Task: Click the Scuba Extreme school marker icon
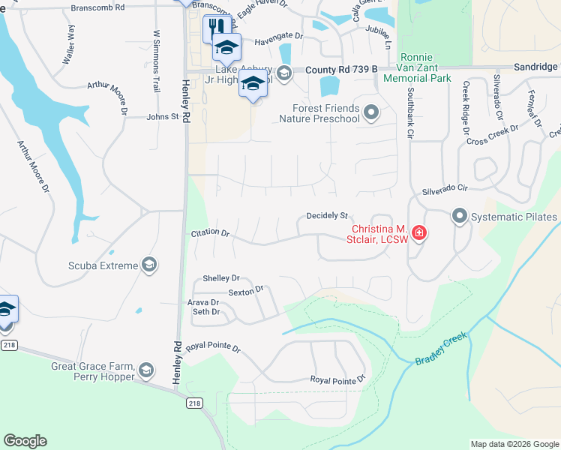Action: (x=149, y=265)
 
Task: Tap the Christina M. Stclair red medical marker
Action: (x=418, y=233)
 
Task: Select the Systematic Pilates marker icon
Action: (x=460, y=217)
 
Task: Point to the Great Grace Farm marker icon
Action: (x=146, y=370)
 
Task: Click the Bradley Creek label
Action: (x=441, y=350)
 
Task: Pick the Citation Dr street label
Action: (x=210, y=232)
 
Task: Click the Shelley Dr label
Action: (x=220, y=278)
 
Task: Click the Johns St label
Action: (x=163, y=117)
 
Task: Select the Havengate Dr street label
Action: (x=278, y=36)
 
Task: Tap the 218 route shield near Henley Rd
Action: (x=194, y=403)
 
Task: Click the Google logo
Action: (x=25, y=441)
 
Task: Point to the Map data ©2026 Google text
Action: (x=514, y=444)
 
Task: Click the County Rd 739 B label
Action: (x=341, y=70)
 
